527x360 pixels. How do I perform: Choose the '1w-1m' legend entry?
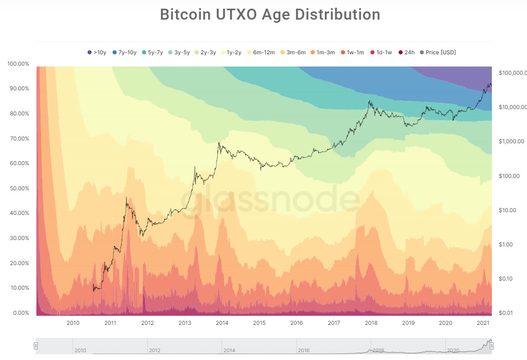[x=352, y=52]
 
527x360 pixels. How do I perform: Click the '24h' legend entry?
[x=405, y=52]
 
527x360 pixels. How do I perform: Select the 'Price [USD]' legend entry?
[x=437, y=52]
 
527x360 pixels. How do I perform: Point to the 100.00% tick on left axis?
[x=18, y=63]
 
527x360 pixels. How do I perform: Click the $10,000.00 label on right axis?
[x=513, y=107]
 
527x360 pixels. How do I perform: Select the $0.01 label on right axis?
[x=506, y=313]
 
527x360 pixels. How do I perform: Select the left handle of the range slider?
[x=36, y=346]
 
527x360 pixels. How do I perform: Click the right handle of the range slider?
[x=491, y=346]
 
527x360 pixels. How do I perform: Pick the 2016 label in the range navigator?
[x=304, y=350]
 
